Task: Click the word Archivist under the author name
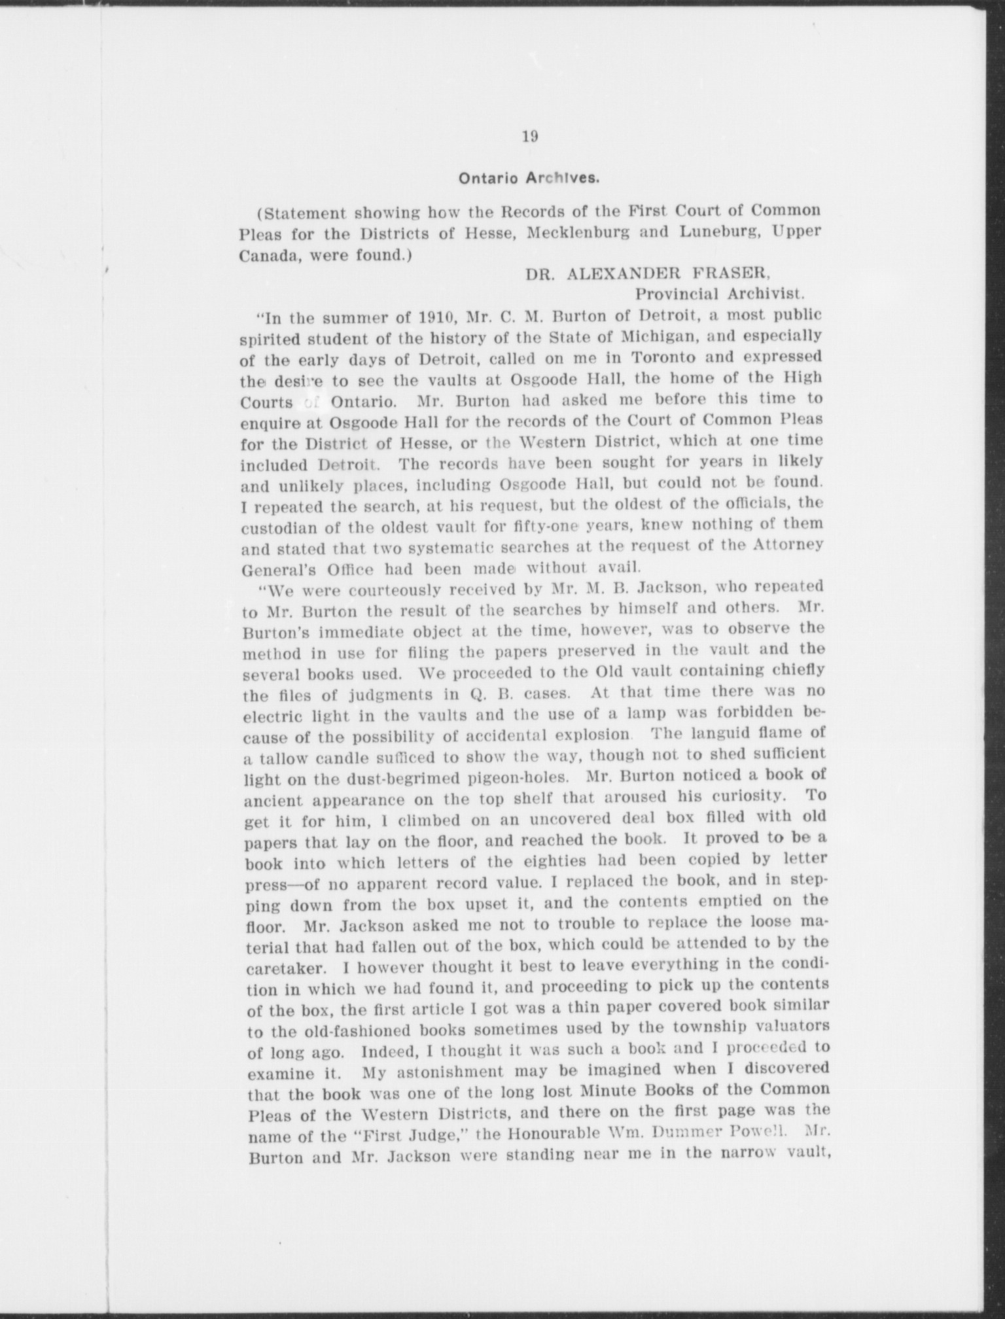(x=769, y=294)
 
